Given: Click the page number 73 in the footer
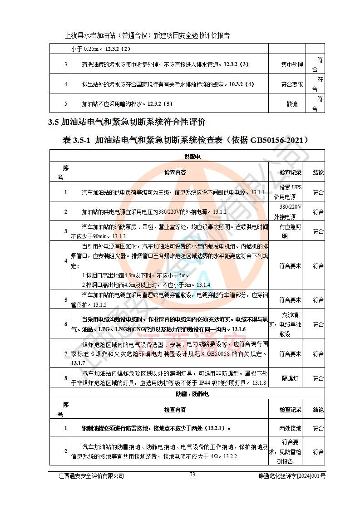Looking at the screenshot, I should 192,474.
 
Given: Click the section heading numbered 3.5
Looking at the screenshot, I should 127,122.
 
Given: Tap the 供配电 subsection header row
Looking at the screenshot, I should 192,157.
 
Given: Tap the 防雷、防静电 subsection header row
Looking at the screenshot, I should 192,394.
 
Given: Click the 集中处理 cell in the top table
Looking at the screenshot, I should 292,64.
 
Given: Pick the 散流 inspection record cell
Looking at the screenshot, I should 292,104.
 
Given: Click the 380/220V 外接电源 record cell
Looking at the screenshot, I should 291,212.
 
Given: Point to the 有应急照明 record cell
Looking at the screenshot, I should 290,231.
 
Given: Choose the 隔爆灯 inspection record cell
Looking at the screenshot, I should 290,378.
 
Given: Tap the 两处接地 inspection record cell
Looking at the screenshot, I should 290,428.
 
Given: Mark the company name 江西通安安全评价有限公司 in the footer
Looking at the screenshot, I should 91,476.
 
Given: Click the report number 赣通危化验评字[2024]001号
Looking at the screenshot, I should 291,476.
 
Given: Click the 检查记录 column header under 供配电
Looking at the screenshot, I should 290,173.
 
